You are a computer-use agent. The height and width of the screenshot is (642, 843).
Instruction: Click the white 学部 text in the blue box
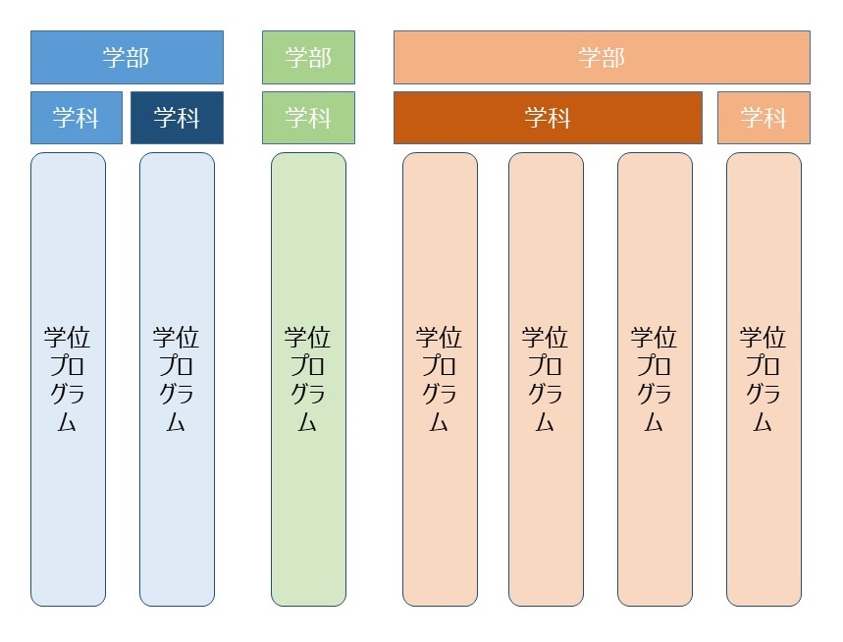tap(127, 57)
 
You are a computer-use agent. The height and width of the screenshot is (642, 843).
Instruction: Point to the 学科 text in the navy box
tap(177, 118)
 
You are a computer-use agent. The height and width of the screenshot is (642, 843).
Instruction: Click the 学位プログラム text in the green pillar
tap(308, 379)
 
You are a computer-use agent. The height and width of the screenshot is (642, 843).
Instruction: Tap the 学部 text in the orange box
tap(602, 57)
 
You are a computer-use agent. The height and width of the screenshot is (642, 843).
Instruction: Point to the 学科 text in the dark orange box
tap(548, 118)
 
